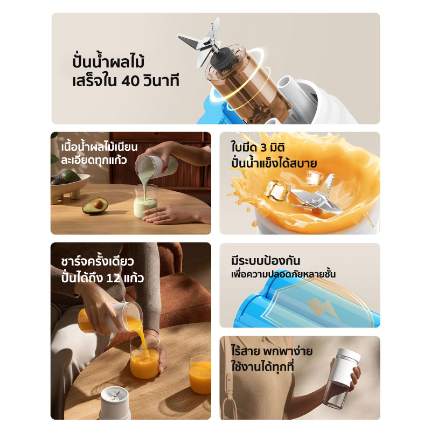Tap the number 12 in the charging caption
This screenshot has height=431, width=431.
[114, 278]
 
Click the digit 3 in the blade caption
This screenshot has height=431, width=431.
[263, 148]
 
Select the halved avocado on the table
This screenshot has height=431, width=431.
[95, 205]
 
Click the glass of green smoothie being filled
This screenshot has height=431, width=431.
[145, 201]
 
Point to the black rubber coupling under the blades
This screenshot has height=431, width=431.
[223, 58]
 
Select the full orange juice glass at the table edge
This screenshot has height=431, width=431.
[200, 374]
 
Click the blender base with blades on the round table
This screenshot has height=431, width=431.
[115, 403]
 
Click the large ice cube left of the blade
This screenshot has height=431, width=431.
[277, 190]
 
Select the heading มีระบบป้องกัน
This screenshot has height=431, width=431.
[266, 260]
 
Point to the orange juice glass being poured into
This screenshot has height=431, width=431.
[144, 357]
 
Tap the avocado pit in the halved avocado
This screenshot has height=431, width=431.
[98, 204]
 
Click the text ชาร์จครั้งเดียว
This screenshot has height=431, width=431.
[98, 261]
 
